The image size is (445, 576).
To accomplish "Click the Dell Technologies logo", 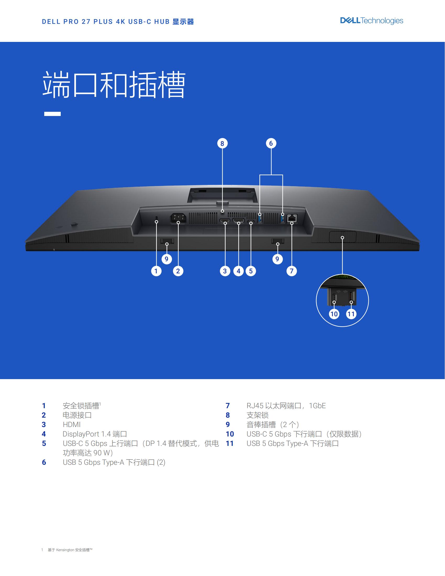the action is (x=371, y=21).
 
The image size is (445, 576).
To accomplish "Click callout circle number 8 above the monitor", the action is (x=222, y=143).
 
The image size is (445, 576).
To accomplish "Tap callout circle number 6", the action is (x=271, y=143).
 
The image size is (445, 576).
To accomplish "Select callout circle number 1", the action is (x=156, y=271).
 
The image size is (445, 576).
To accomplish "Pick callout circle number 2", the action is (x=178, y=271).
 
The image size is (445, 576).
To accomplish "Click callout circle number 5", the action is (x=251, y=271).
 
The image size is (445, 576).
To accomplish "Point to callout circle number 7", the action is (x=292, y=271).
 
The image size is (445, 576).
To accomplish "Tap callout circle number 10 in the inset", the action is (x=334, y=314).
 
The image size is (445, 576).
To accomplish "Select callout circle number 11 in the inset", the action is (x=351, y=314).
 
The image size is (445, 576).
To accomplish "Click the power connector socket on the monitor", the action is (x=179, y=218).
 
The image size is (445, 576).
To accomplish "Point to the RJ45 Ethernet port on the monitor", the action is (x=292, y=218).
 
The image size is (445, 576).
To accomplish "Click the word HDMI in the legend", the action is (x=71, y=424).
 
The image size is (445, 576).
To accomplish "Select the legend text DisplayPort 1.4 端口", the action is (x=95, y=434).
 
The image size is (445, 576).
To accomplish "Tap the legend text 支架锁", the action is (x=258, y=415).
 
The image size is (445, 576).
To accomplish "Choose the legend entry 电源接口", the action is (x=77, y=415).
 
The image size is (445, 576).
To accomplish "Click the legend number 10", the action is (x=230, y=434).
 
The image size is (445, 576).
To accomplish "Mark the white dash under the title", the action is (x=52, y=114).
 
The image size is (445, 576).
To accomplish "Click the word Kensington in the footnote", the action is (x=65, y=550).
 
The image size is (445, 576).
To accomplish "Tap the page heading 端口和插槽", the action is (x=114, y=84).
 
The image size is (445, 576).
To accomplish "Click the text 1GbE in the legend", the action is (x=318, y=406).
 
